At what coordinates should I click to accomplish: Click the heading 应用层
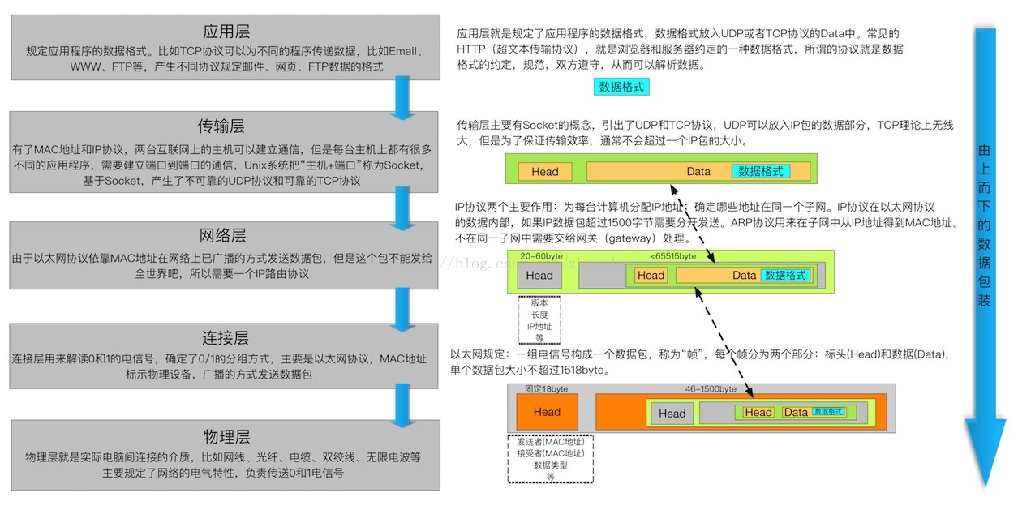pos(226,32)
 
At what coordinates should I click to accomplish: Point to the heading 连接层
pos(225,337)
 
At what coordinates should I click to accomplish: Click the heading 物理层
pos(226,435)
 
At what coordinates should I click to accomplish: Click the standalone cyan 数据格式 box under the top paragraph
pos(621,86)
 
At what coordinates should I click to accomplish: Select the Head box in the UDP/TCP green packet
pos(545,172)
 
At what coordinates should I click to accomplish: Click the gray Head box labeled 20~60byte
pos(539,275)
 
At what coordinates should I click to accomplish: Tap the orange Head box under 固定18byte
pos(547,412)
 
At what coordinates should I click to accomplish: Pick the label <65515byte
pos(673,256)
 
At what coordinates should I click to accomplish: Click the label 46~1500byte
pos(711,389)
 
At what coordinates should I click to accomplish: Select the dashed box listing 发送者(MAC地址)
pos(550,460)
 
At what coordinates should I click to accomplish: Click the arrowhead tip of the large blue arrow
pos(985,483)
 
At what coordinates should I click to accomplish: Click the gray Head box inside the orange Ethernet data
pos(672,414)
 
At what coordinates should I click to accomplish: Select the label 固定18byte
pos(547,389)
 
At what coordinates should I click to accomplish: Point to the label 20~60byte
pos(542,256)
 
